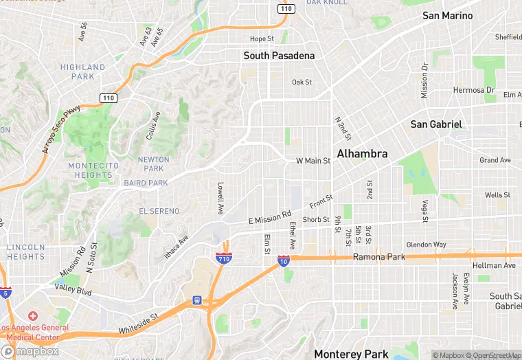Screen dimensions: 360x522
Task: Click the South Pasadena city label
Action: tap(279, 56)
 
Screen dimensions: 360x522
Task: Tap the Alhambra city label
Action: tap(362, 154)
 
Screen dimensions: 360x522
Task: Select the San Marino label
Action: tap(447, 15)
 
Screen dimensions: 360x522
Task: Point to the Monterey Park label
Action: tap(351, 354)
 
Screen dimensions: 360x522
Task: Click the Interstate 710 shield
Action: tap(223, 258)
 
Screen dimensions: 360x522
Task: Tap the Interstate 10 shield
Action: tap(283, 261)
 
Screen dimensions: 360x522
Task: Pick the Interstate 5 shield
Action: tap(5, 293)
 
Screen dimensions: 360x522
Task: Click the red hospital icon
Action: tap(33, 315)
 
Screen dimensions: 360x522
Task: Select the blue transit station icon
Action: tap(197, 300)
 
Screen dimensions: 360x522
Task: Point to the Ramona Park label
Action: tap(379, 257)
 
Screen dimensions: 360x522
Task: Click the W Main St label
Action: tap(313, 161)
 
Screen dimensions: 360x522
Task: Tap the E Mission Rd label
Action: tap(274, 218)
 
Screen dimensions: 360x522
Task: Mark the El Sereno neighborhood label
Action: tap(159, 211)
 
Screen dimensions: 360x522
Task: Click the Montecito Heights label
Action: tap(90, 170)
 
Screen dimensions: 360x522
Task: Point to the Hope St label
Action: tap(262, 38)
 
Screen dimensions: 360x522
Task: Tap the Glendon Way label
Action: tap(426, 245)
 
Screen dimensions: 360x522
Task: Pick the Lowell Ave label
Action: tap(220, 197)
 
